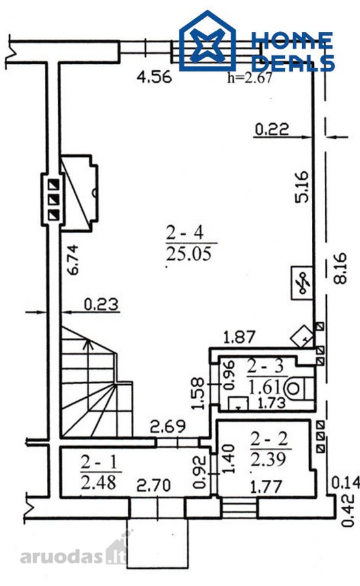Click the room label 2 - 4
pyautogui.click(x=185, y=233)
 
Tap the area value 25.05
pyautogui.click(x=189, y=254)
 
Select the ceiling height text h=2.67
pyautogui.click(x=249, y=77)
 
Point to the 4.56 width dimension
pyautogui.click(x=154, y=77)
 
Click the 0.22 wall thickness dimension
pyautogui.click(x=271, y=130)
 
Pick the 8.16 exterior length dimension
pyautogui.click(x=340, y=268)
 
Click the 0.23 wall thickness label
pyautogui.click(x=101, y=304)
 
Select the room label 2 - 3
pyautogui.click(x=266, y=367)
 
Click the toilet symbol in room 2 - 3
pyautogui.click(x=298, y=389)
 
